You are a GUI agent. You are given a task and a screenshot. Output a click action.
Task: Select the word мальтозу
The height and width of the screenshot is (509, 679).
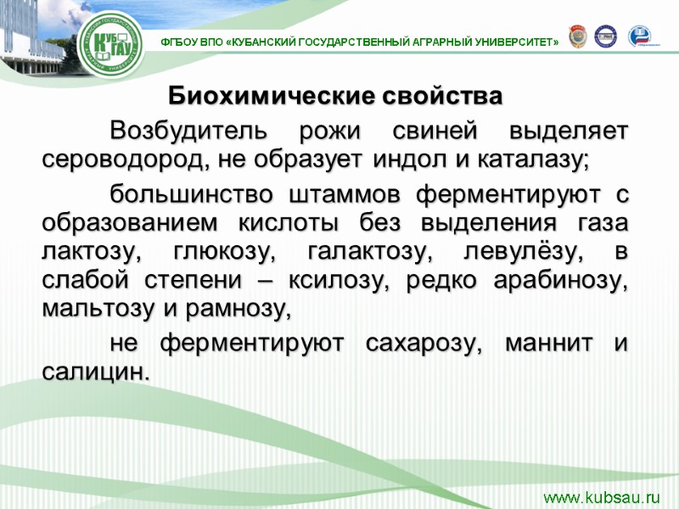[x=96, y=310]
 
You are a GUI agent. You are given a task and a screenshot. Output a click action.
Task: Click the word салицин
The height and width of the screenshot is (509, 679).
[x=93, y=372]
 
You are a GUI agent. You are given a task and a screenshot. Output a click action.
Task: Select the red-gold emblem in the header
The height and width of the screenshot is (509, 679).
[x=577, y=35]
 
